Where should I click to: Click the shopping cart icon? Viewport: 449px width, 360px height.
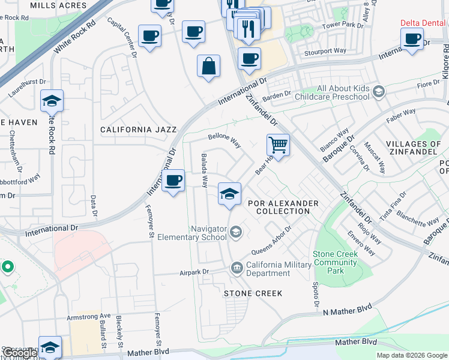[x=278, y=145]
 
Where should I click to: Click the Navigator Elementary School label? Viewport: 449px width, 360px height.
[x=209, y=233]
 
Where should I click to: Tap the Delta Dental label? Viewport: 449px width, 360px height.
[x=424, y=23]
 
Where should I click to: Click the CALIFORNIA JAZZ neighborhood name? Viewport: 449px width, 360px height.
[x=138, y=130]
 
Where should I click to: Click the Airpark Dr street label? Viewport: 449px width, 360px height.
[x=194, y=272]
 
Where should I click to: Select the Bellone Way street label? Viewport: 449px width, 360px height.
[x=224, y=141]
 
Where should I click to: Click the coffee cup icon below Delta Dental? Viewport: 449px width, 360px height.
[x=412, y=39]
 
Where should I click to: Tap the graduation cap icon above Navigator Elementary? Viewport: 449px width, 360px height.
[x=229, y=194]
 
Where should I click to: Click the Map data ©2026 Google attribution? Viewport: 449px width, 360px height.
[x=412, y=355]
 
